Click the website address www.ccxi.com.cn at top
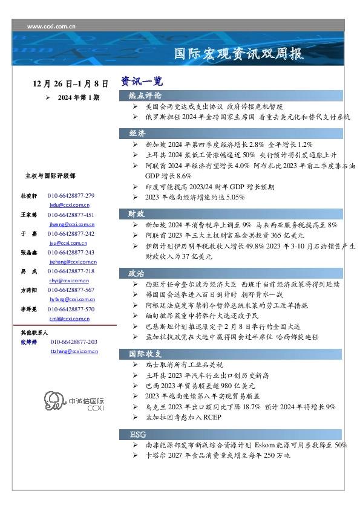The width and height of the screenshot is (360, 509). tap(51, 27)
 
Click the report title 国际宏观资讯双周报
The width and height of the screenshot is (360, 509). tap(238, 54)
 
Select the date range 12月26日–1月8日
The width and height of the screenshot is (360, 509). tap(71, 83)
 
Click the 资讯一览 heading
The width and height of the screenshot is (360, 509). tap(141, 80)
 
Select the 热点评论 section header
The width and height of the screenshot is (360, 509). tap(145, 96)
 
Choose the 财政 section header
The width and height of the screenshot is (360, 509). tap(137, 213)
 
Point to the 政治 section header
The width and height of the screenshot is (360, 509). tap(137, 273)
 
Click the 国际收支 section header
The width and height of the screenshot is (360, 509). tap(145, 354)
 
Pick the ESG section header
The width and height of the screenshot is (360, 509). tap(138, 435)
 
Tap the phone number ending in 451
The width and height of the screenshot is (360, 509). tap(71, 215)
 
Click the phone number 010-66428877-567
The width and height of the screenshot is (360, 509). tap(71, 290)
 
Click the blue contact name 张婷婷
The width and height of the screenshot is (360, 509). tap(28, 342)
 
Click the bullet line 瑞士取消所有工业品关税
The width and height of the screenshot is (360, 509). tap(185, 365)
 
